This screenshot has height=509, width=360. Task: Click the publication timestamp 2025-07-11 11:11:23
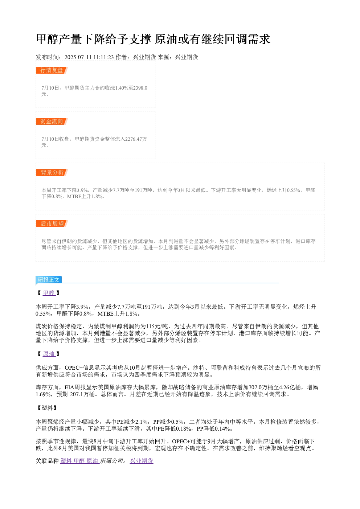[x=89, y=57]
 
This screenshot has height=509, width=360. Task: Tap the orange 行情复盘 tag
[x=52, y=70]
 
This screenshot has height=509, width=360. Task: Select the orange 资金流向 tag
[x=52, y=121]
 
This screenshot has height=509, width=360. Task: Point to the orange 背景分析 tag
[x=52, y=172]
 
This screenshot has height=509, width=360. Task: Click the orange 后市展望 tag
[x=52, y=223]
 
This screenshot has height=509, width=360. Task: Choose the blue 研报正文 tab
[x=49, y=280]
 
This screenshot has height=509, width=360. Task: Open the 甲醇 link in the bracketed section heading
[x=49, y=293]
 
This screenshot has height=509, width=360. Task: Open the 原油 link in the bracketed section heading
[x=49, y=354]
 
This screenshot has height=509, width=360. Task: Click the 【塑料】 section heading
[x=47, y=408]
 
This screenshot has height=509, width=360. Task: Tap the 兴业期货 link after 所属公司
[x=142, y=461]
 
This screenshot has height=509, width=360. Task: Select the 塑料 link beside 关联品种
[x=66, y=461]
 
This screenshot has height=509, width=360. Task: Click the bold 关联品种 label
[x=47, y=461]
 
